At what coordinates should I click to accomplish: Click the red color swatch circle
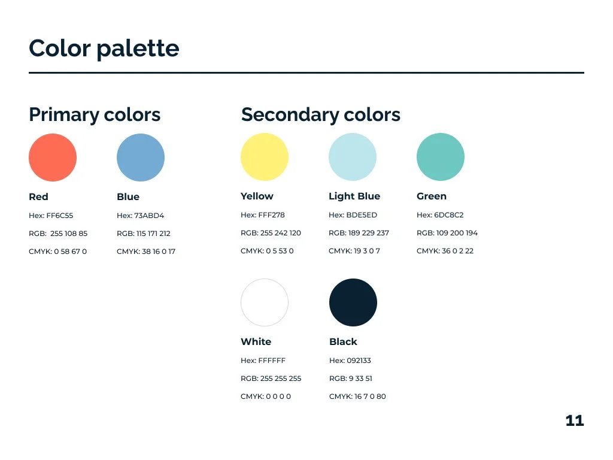point(53,158)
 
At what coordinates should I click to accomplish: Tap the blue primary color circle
point(141,158)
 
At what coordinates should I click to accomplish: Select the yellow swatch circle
point(265,157)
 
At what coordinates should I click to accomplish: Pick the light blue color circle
point(353,157)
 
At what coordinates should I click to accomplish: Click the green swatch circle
point(441,157)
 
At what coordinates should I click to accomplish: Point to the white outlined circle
point(265,302)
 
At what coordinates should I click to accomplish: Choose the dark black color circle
point(353,302)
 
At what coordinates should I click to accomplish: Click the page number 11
point(574,420)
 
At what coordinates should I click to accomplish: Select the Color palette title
point(104,48)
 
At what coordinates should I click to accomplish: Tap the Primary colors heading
point(95,114)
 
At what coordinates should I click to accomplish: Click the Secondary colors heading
point(321,114)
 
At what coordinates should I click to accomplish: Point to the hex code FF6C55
point(59,216)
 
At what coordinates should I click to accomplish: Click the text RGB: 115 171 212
point(144,234)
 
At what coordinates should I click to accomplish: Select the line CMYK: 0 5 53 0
point(267,251)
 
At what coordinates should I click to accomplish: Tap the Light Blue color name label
point(354,196)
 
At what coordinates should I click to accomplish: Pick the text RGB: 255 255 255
point(271,379)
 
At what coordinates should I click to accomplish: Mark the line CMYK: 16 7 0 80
point(357,397)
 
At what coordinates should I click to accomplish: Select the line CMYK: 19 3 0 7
point(354,251)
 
